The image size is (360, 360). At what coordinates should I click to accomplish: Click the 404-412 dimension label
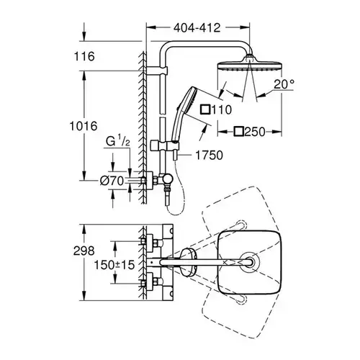pos(197,28)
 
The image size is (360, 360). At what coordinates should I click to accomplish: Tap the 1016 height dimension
pos(84,126)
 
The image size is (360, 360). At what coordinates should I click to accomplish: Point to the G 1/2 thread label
pos(118,142)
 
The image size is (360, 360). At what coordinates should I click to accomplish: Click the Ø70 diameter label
pos(112,181)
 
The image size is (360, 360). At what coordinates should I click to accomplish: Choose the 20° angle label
pos(284,84)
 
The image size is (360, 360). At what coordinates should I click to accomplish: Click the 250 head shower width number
pos(255,132)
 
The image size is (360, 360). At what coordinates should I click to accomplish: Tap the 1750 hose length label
pos(210,156)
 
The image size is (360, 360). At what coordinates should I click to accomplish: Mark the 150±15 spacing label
pos(114,265)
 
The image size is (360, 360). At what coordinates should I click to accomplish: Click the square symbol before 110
pos(205,109)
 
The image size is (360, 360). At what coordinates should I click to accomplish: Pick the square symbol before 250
pos(239,132)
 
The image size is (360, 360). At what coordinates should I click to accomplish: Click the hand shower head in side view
pos(185,106)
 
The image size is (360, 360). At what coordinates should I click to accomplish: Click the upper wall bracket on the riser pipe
pos(157,71)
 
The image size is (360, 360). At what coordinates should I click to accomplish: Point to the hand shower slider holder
pos(165,145)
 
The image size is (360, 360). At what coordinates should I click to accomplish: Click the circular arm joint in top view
pos(250,261)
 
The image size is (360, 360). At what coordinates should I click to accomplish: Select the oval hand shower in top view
pos(189,262)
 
